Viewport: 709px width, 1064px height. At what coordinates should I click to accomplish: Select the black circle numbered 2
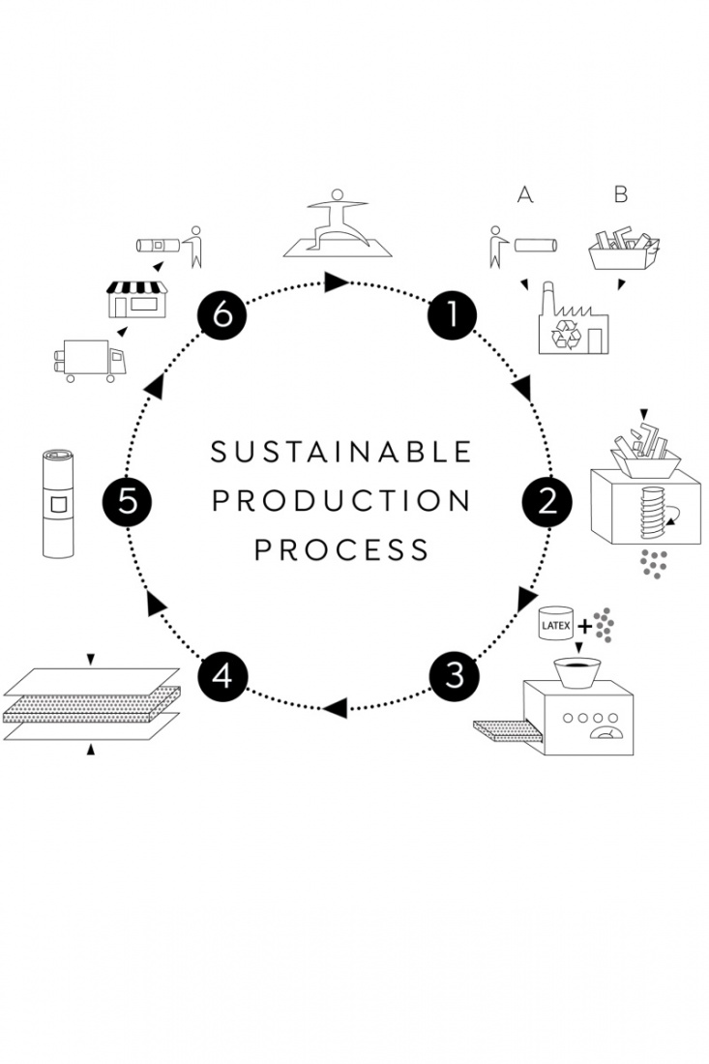click(x=548, y=501)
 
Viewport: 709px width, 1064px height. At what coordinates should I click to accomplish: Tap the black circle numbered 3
click(x=455, y=674)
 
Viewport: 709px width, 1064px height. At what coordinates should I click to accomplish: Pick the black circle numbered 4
click(x=222, y=675)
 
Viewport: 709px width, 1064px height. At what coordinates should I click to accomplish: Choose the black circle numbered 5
click(x=128, y=501)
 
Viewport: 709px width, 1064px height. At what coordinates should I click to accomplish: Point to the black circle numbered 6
click(x=222, y=315)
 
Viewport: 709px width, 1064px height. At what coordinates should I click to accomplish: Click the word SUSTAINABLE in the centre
click(x=341, y=452)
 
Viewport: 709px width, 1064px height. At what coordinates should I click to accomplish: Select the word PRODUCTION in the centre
click(x=341, y=501)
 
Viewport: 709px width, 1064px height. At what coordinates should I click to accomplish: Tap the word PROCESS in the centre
click(x=341, y=550)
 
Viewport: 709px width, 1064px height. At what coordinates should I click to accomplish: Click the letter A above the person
click(x=525, y=194)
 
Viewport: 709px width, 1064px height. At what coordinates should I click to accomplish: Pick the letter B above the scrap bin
click(x=621, y=194)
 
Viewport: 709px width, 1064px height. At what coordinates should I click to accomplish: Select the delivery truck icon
click(x=88, y=361)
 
